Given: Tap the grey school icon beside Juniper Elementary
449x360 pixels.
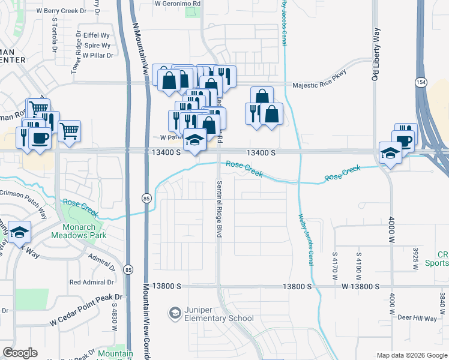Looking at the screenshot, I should tap(175, 313).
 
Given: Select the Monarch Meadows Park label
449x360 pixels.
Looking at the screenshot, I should tap(85, 231).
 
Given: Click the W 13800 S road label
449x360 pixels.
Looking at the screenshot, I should tap(360, 287).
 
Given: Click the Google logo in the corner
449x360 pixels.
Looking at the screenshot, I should tap(20, 353).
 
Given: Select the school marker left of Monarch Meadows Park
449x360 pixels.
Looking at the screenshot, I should tap(20, 232).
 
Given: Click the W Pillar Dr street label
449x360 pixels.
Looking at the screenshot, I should tap(97, 55).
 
